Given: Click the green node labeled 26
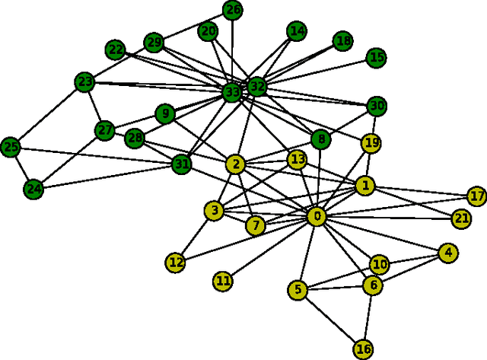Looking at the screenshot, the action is (233, 10).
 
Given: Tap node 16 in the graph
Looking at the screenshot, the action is (364, 349).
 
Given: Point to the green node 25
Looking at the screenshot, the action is (11, 145).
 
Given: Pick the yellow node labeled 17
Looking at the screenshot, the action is (476, 196).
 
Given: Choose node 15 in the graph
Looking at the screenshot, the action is (377, 57).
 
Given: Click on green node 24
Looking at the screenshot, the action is (33, 189).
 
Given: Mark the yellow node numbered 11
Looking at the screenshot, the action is (222, 281).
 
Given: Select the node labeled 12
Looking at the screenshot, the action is (176, 263).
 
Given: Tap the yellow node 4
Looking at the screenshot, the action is (448, 253).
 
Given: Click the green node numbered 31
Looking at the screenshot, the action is (181, 164).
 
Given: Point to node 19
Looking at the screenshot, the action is (371, 142).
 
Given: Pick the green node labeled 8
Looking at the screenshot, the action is (321, 139).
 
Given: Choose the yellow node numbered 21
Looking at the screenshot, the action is (461, 218).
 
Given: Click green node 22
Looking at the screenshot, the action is (116, 50).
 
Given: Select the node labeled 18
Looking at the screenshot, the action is (343, 41).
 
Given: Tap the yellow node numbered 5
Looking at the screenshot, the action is (298, 289).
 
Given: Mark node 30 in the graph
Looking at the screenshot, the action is (376, 106).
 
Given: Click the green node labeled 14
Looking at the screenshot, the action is (297, 31).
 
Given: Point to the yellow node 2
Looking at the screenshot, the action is (237, 164).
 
